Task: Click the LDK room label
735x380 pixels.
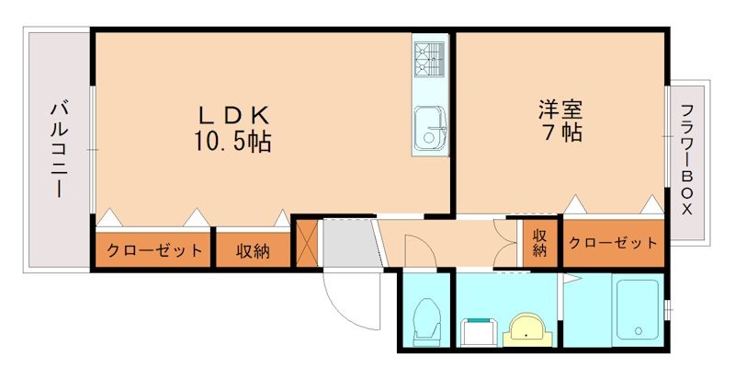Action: click(x=233, y=116)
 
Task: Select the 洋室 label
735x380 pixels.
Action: click(x=560, y=109)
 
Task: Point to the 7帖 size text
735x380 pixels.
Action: click(x=560, y=132)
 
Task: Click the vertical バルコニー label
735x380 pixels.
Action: click(x=57, y=150)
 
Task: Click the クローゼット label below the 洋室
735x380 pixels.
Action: click(x=612, y=243)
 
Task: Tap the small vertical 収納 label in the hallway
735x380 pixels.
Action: click(x=539, y=242)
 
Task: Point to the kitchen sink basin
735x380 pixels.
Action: click(x=429, y=126)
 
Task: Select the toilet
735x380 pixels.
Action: click(x=426, y=319)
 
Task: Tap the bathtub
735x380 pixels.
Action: click(x=638, y=312)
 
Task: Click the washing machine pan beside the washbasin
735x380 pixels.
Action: click(x=477, y=329)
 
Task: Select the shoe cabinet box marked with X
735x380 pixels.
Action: click(x=306, y=243)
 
